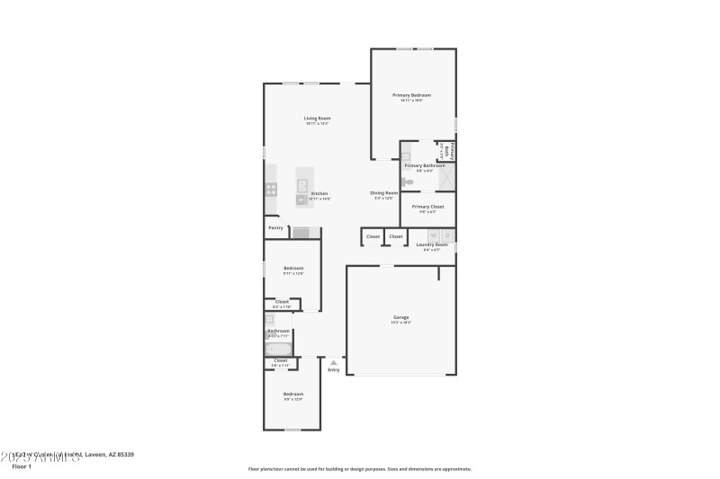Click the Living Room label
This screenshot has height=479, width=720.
(x=316, y=118)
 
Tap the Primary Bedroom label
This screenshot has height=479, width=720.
(x=411, y=94)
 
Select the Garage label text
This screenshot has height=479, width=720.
(x=400, y=317)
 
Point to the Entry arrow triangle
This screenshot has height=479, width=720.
(x=334, y=362)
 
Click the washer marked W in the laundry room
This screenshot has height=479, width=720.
(x=433, y=235)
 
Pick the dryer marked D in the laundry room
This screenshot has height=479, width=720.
(x=448, y=235)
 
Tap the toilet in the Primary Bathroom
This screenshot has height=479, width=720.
(x=408, y=182)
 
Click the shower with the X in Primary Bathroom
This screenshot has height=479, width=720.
(x=446, y=177)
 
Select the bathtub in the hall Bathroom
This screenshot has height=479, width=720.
(x=277, y=350)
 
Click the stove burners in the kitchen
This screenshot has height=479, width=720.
(x=271, y=189)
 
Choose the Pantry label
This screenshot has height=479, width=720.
(x=275, y=227)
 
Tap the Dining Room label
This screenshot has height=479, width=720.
(x=383, y=192)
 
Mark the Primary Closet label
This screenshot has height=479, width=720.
(x=427, y=207)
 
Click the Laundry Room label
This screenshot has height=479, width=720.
(x=431, y=244)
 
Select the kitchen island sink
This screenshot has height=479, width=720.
(x=302, y=186)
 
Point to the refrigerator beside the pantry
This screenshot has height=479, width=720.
(x=301, y=233)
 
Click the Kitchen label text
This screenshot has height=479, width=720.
(x=319, y=193)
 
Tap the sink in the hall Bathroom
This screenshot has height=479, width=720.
(x=269, y=319)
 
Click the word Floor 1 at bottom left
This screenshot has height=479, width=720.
(x=22, y=467)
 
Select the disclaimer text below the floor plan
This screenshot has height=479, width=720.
(x=359, y=468)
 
